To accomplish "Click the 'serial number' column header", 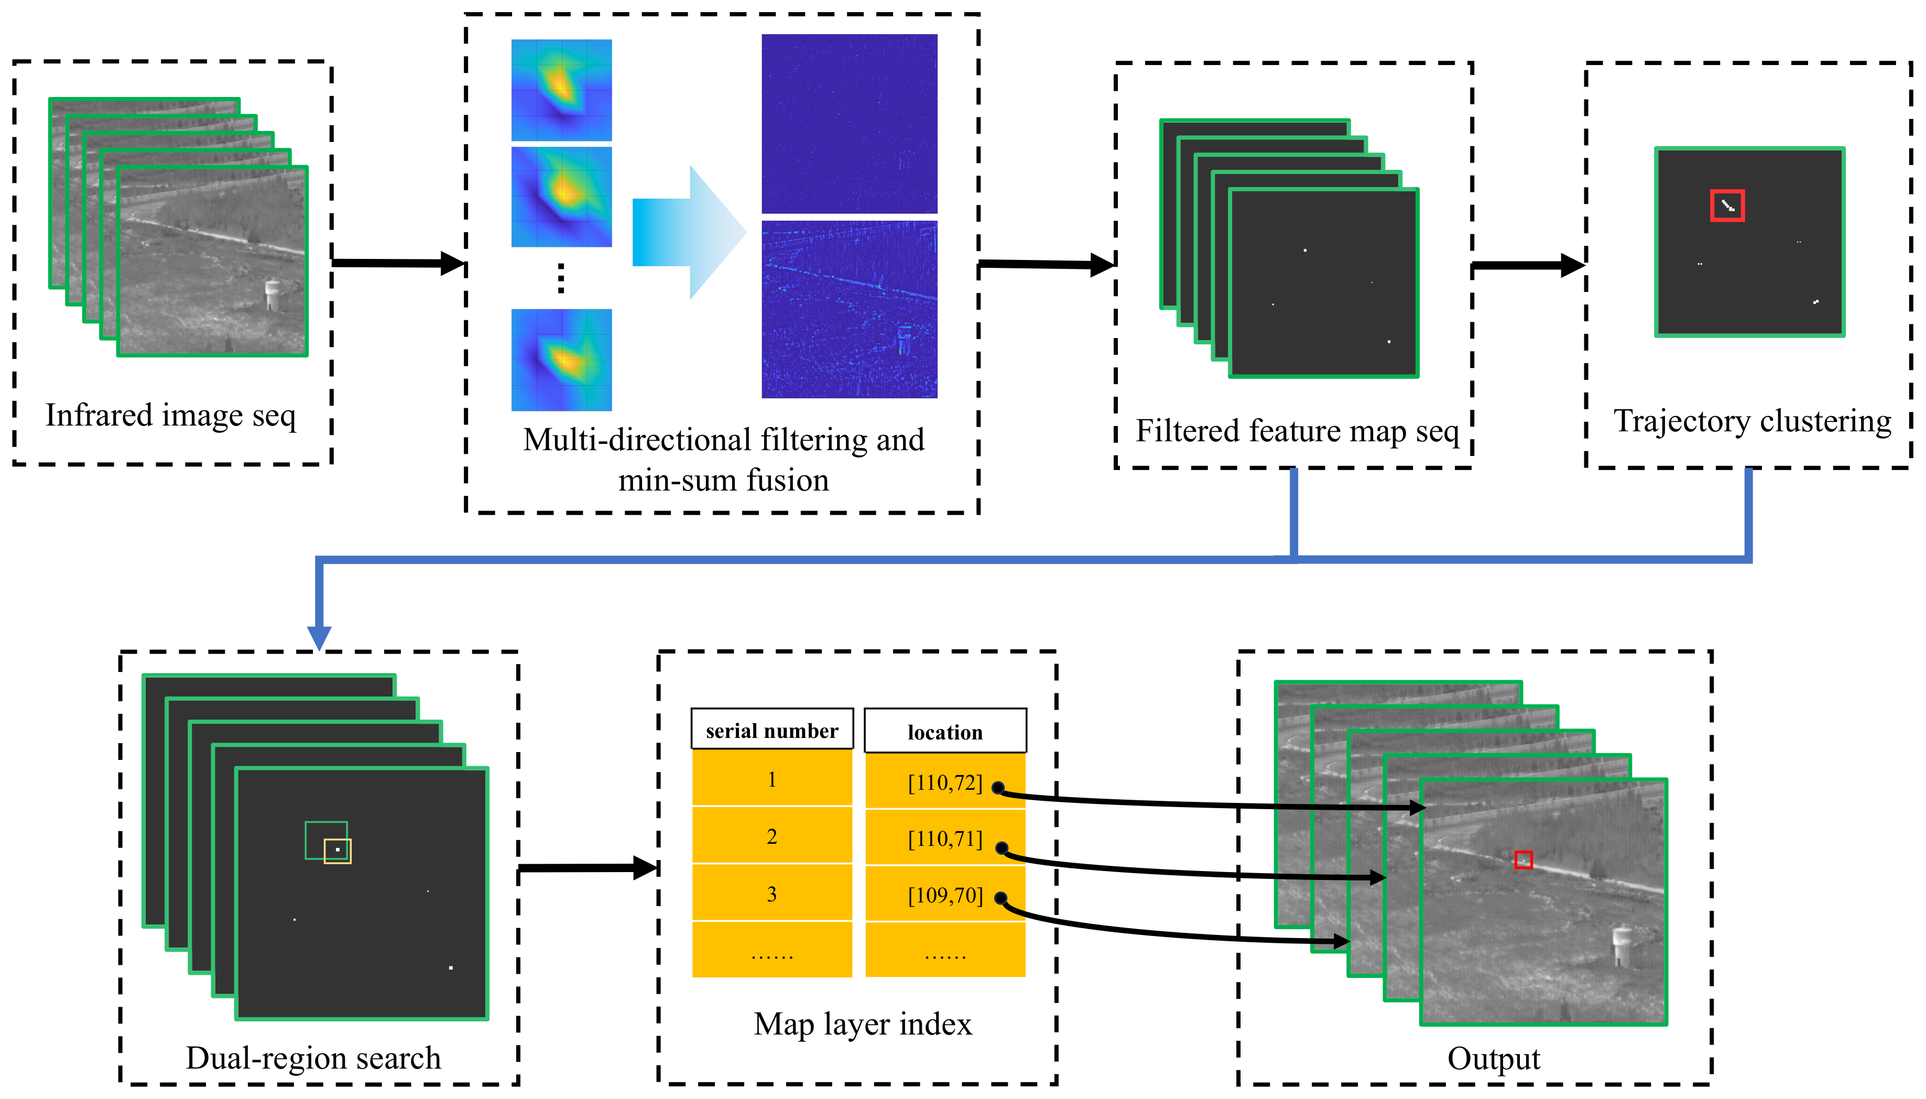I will click(x=771, y=730).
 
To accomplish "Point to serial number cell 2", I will click(x=771, y=836).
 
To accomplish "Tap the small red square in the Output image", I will click(x=1523, y=859).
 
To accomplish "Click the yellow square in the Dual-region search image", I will click(x=338, y=851).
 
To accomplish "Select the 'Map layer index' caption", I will click(x=862, y=1024).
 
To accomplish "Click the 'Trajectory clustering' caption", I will click(x=1751, y=421).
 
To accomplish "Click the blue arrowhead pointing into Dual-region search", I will click(x=319, y=637).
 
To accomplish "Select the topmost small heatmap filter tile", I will click(x=561, y=89).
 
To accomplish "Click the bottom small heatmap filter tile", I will click(x=561, y=360).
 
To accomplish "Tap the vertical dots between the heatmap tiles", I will click(x=561, y=278).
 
